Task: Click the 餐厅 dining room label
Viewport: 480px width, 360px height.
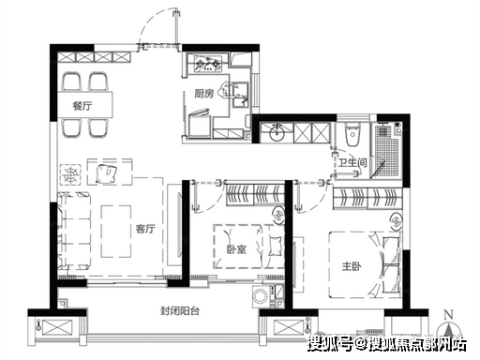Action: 82,106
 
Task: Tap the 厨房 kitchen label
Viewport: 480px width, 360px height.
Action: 204,93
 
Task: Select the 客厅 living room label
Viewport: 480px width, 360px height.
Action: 145,229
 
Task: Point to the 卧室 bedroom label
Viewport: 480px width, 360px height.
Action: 236,249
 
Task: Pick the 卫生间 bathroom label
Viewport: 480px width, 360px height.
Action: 352,162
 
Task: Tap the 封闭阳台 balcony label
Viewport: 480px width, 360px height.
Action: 180,311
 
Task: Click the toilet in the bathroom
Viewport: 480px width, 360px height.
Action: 352,135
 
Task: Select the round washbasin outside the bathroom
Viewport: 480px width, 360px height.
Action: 277,132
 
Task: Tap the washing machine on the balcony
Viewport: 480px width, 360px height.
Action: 261,296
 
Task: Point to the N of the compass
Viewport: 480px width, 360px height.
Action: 449,315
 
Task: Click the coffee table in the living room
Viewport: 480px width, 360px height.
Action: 116,232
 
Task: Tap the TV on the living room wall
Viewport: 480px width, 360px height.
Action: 179,230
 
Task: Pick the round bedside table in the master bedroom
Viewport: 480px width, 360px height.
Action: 397,222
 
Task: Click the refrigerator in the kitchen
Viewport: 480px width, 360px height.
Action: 200,124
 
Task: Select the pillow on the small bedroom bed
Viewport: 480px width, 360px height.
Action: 275,246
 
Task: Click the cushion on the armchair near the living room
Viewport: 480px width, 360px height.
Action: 106,174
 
